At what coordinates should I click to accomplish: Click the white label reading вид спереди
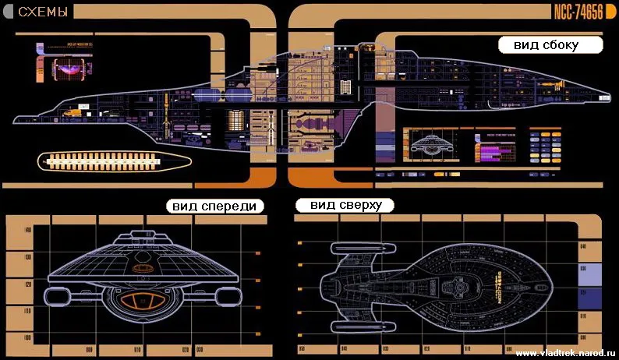tap(215, 206)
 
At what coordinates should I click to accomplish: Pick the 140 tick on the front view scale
tap(28, 231)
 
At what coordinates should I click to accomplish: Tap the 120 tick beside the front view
tap(28, 284)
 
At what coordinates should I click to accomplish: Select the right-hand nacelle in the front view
tap(221, 296)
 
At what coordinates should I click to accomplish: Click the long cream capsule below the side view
tap(115, 161)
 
